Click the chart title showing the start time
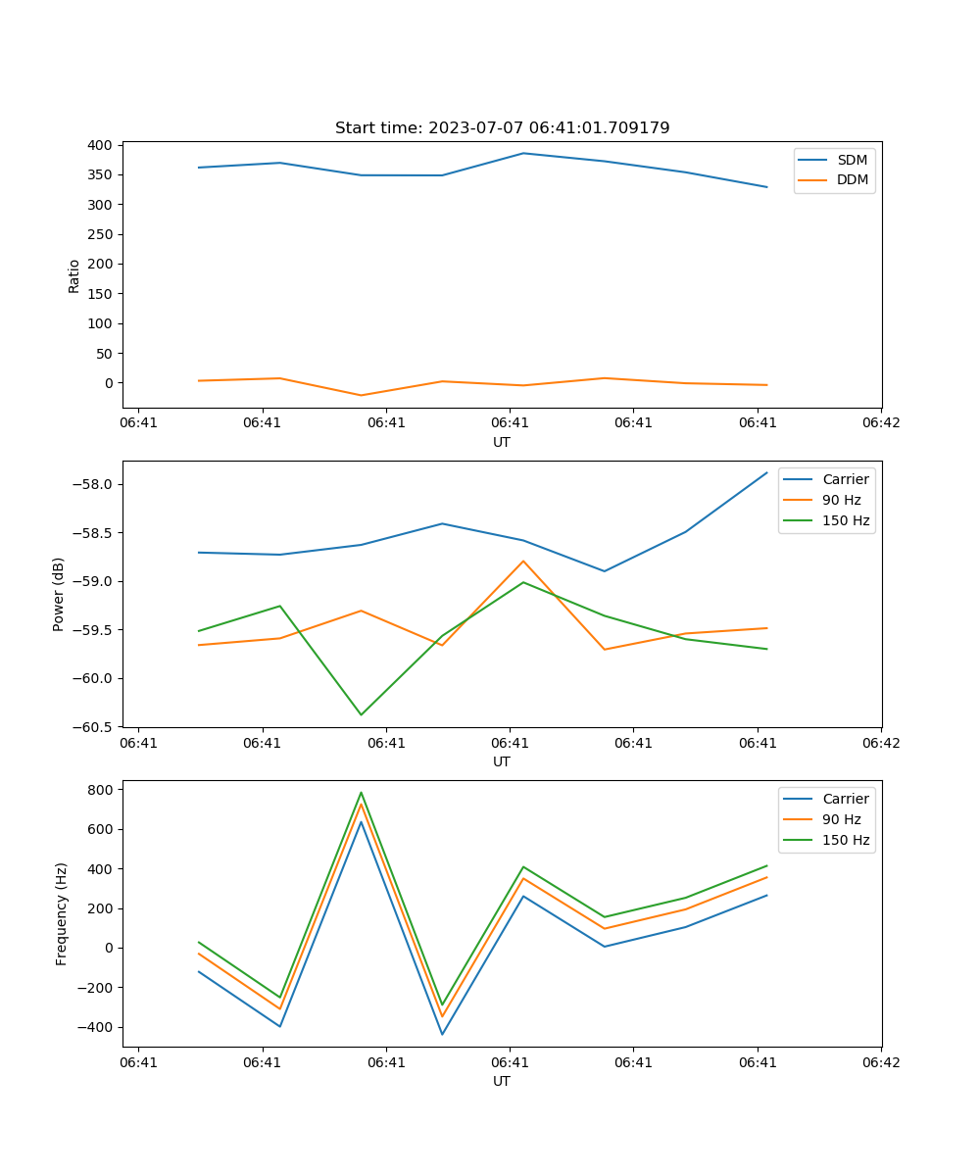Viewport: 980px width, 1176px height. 502,128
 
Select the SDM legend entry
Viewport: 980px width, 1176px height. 852,160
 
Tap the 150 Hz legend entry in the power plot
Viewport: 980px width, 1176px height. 846,520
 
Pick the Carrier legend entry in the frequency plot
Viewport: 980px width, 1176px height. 845,799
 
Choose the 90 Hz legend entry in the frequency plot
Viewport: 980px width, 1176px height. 842,819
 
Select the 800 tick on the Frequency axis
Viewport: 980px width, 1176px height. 102,789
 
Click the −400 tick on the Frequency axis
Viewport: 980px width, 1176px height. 97,1027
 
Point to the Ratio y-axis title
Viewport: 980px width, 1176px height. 74,275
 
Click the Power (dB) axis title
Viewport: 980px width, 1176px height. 60,594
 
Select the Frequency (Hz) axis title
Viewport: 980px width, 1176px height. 62,913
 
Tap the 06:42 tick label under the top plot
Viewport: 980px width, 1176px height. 881,422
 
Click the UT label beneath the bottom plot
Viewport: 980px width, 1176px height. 502,1081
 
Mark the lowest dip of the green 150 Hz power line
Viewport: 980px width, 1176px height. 361,714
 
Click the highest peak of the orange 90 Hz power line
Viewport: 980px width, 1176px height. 523,561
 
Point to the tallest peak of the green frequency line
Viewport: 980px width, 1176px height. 361,793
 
